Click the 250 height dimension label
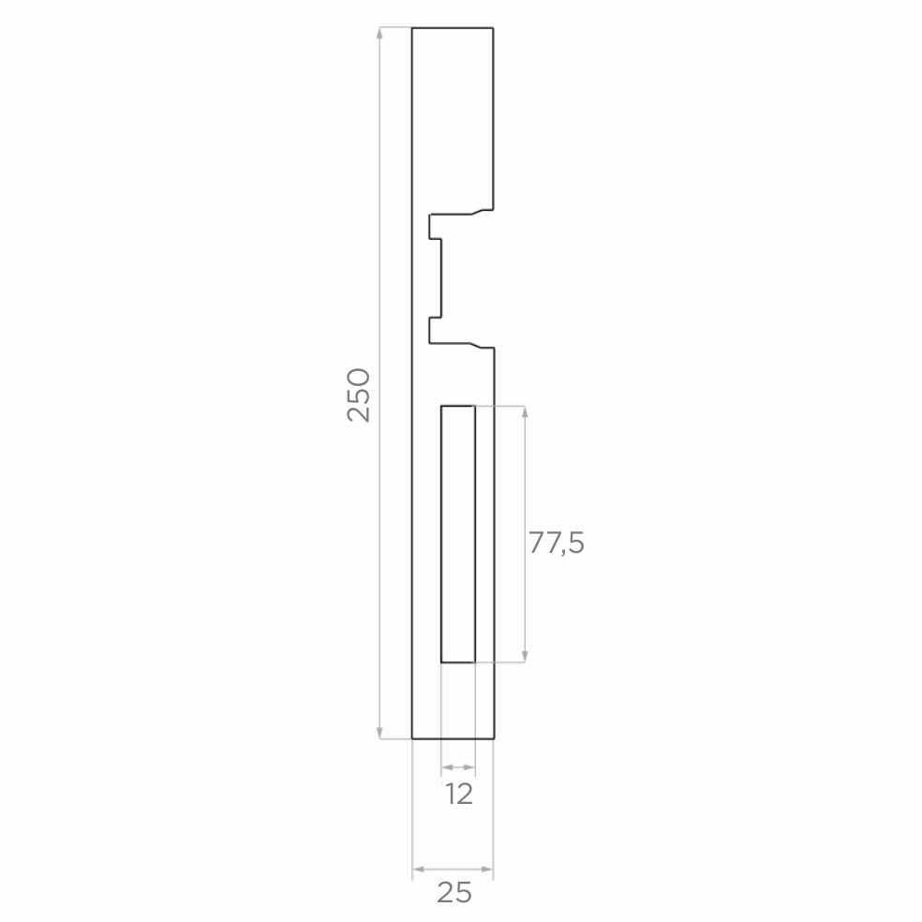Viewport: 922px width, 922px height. (x=359, y=395)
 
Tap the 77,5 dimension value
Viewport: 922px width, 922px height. (x=557, y=543)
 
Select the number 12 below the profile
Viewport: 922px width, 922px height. (x=458, y=795)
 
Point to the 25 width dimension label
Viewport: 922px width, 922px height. (x=454, y=893)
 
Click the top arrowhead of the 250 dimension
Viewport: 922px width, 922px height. (x=379, y=34)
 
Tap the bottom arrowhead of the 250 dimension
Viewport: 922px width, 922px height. (x=379, y=732)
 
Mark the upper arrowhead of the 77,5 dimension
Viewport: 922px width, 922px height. (x=525, y=411)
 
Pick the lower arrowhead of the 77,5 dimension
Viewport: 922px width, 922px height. (x=525, y=656)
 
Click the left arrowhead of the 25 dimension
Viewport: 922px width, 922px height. (x=419, y=869)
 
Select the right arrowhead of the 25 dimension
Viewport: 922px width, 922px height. (x=487, y=869)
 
